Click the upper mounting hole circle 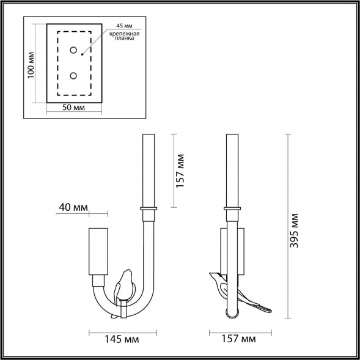pos(73,51)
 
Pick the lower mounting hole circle pos(73,75)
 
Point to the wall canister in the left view pos(99,251)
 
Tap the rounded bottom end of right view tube pos(232,314)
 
